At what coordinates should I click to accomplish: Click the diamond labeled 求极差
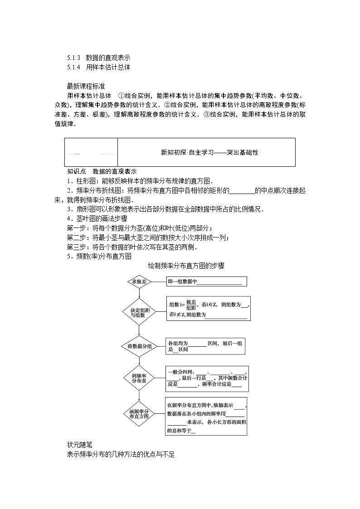(x=139, y=281)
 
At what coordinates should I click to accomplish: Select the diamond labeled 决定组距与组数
(x=139, y=312)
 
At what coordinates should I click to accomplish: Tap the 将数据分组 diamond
(x=139, y=346)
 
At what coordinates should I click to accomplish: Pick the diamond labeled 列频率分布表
(x=139, y=378)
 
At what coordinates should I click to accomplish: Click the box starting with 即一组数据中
(x=207, y=282)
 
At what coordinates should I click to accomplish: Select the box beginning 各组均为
(x=207, y=346)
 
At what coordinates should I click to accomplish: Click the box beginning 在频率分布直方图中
(x=207, y=416)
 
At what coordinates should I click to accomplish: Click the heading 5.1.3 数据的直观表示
(x=99, y=58)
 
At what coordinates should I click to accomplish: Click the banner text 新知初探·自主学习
(x=209, y=153)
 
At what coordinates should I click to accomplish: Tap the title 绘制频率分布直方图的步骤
(x=186, y=266)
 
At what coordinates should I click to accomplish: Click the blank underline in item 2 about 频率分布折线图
(x=242, y=191)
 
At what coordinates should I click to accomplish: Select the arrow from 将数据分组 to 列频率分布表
(x=139, y=359)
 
